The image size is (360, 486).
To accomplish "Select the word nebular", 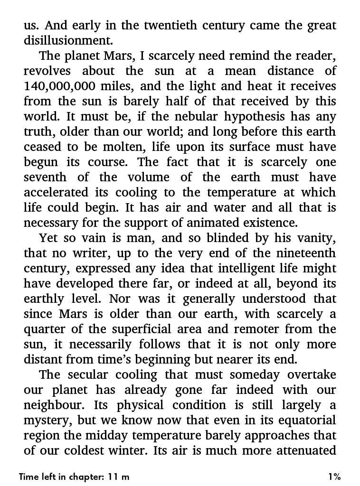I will [x=189, y=116].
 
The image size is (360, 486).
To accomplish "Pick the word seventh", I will [x=46, y=177].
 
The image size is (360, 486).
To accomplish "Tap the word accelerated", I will [x=56, y=192].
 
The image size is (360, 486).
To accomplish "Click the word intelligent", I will [x=247, y=268].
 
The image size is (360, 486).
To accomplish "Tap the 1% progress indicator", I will [x=334, y=477].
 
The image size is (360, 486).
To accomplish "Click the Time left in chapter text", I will [x=74, y=477].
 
